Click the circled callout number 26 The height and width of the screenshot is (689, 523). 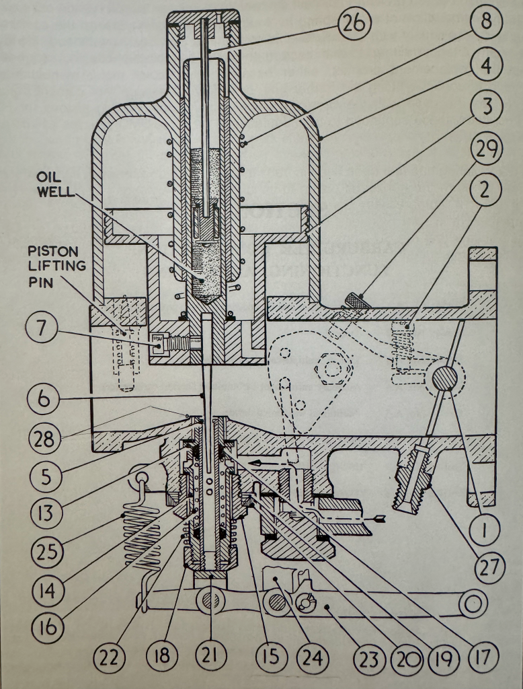[354, 25]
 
